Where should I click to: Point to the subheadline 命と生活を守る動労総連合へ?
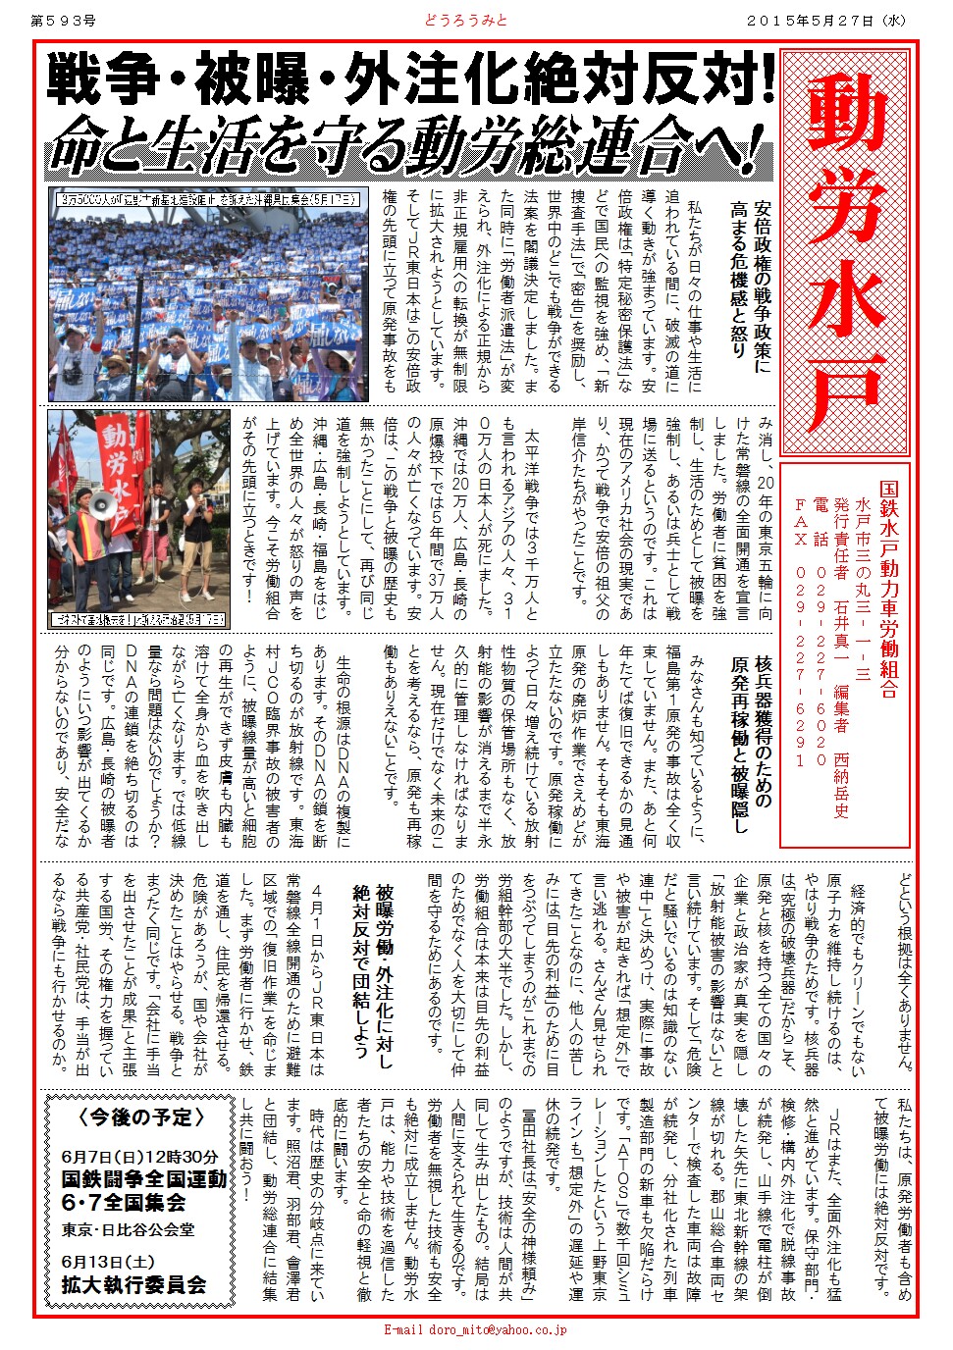coord(411,147)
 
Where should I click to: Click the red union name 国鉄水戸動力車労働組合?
coord(888,589)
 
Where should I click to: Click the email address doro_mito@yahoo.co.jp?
coord(475,1330)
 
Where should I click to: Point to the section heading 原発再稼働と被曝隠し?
coord(740,746)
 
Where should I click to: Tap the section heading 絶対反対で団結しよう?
coord(359,977)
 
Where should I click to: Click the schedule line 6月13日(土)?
coord(107,1262)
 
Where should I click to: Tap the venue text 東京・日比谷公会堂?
coord(128,1229)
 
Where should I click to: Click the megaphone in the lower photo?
coord(104,506)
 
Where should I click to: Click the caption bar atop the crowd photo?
coord(208,198)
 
